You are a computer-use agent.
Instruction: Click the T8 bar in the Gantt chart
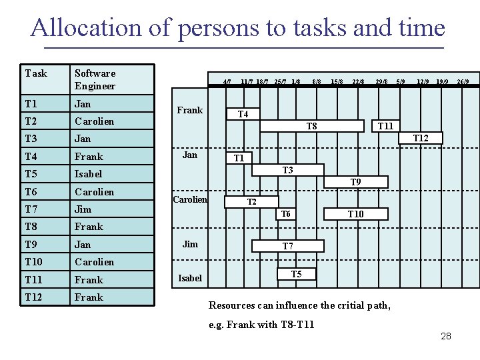pyautogui.click(x=311, y=126)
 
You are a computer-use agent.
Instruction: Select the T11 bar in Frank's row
pyautogui.click(x=385, y=126)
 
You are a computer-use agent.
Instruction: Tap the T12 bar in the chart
pyautogui.click(x=421, y=138)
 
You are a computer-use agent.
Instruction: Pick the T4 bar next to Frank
pyautogui.click(x=243, y=114)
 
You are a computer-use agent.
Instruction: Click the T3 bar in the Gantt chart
pyautogui.click(x=287, y=170)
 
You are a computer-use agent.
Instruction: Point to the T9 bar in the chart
pyautogui.click(x=356, y=182)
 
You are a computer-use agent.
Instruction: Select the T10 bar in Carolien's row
pyautogui.click(x=356, y=214)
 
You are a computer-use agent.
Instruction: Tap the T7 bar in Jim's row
pyautogui.click(x=287, y=246)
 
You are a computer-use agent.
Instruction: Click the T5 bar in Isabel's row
pyautogui.click(x=296, y=274)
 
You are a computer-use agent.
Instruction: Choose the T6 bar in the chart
pyautogui.click(x=285, y=214)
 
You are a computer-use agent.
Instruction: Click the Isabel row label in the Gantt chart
pyautogui.click(x=190, y=278)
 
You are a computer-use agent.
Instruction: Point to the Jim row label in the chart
pyautogui.click(x=190, y=244)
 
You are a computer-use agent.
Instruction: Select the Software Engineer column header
pyautogui.click(x=95, y=79)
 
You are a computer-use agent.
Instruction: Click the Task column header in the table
pyautogui.click(x=36, y=73)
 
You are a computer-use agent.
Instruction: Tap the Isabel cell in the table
pyautogui.click(x=89, y=174)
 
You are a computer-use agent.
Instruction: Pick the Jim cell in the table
pyautogui.click(x=83, y=209)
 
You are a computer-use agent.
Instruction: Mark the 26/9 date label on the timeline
pyautogui.click(x=463, y=82)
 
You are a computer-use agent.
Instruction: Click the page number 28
pyautogui.click(x=446, y=336)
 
